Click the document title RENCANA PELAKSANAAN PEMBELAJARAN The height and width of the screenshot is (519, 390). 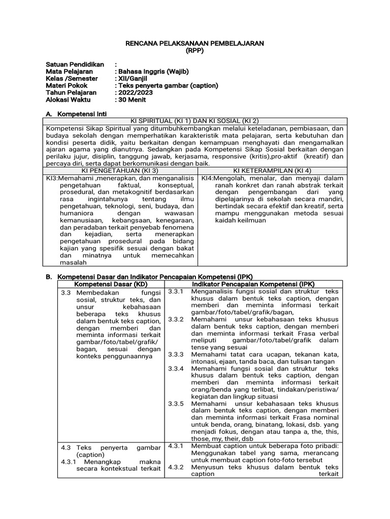[x=194, y=44]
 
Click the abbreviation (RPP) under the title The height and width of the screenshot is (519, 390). [x=194, y=51]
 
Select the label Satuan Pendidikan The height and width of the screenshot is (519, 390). [x=75, y=65]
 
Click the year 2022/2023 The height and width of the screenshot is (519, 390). [x=135, y=93]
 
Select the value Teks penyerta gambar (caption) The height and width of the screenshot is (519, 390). [x=167, y=86]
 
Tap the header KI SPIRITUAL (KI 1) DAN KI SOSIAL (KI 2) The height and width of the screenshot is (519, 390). [x=194, y=121]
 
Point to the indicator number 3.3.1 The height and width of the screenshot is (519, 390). [x=175, y=291]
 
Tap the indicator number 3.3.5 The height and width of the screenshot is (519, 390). [x=175, y=404]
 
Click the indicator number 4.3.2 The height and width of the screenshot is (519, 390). [x=175, y=467]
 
